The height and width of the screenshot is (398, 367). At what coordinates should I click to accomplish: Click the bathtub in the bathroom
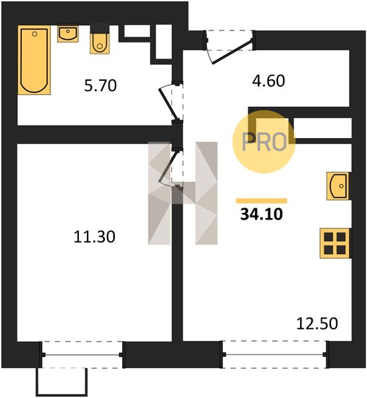point(34,60)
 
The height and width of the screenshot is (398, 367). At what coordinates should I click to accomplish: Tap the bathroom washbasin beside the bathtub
point(68,34)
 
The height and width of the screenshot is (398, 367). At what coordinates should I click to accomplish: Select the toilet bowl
point(100,43)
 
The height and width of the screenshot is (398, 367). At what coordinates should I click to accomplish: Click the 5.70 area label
point(101,86)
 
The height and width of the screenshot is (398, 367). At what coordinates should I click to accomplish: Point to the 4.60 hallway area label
point(269,81)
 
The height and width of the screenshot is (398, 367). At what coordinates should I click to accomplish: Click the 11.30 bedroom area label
point(94,237)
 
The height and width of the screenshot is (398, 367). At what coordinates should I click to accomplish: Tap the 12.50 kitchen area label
point(317,324)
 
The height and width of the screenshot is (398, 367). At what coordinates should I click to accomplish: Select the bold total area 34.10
point(261,214)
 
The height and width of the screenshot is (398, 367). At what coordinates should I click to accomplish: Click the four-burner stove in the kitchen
point(335,243)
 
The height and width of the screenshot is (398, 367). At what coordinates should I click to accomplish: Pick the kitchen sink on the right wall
point(338,186)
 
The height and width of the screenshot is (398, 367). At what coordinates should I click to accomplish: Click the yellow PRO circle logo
point(264,142)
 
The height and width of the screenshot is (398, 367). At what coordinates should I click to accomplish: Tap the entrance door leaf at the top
point(232,51)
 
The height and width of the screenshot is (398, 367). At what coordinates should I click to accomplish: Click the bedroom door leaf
point(168,166)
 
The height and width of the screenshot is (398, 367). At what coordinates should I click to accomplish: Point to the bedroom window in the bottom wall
point(82,355)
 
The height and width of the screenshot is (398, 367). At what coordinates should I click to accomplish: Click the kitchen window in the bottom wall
point(275,355)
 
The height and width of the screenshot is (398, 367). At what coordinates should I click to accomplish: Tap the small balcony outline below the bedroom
point(62,382)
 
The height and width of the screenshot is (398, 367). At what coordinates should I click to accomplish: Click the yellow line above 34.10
point(261,201)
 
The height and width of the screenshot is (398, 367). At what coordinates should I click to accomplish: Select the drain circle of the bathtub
point(35,34)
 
